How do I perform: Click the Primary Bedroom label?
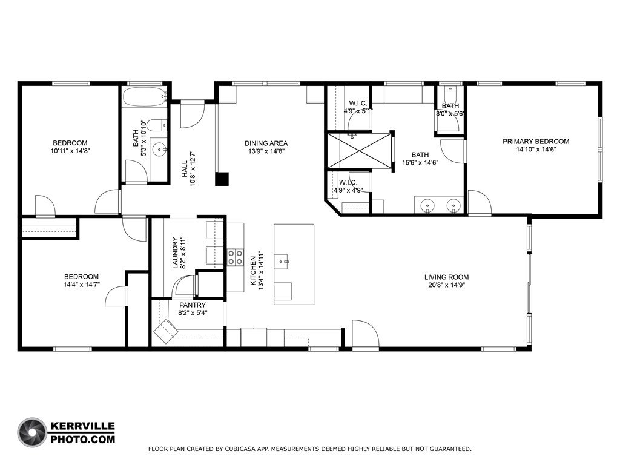coord(536,142)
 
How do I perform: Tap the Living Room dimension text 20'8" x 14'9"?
coord(446,285)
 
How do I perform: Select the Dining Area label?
coord(266,143)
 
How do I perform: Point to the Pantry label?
coord(193,305)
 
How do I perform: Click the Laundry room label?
coord(175,252)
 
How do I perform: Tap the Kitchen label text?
coord(253,271)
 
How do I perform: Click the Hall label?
coord(185,169)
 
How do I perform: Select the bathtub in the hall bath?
coord(144,96)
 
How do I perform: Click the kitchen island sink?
coord(283,262)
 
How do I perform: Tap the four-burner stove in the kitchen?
coord(236,257)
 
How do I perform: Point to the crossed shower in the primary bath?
coord(359,151)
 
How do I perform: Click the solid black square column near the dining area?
coord(222,179)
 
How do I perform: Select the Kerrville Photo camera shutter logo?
coord(33,432)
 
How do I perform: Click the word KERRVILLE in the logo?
coord(83,427)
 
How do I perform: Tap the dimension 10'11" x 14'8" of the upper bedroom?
coord(70,151)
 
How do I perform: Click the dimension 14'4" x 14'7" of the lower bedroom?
coord(82,285)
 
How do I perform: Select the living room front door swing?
coord(366,334)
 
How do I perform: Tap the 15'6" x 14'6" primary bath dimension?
coord(420,162)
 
